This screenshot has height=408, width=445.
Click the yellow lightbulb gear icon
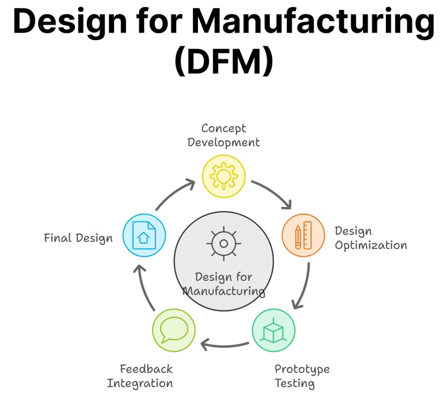click(x=224, y=176)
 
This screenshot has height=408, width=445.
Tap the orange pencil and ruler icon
click(x=303, y=235)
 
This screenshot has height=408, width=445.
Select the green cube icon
click(x=273, y=330)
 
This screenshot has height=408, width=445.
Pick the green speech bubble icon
click(x=174, y=330)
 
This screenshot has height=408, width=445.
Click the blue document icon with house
click(x=144, y=235)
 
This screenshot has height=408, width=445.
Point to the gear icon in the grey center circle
click(x=224, y=243)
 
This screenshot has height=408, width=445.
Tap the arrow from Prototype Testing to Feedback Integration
click(x=224, y=346)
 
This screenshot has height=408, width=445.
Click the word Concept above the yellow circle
click(x=224, y=129)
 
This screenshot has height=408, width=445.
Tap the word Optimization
click(x=371, y=245)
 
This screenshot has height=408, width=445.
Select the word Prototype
click(x=302, y=369)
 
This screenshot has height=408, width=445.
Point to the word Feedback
click(x=146, y=369)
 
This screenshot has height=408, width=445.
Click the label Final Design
click(x=78, y=238)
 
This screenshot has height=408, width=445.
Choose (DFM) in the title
click(x=224, y=61)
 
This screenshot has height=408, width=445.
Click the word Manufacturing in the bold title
click(x=313, y=22)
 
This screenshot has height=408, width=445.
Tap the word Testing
click(x=295, y=384)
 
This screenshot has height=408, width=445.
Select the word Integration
click(x=140, y=384)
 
